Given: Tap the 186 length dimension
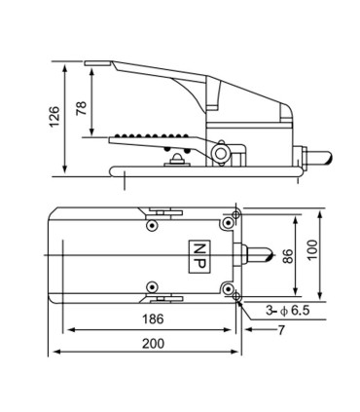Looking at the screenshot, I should [x=150, y=319].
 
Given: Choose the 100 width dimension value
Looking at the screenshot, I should [x=311, y=250].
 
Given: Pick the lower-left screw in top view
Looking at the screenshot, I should [x=151, y=285].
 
